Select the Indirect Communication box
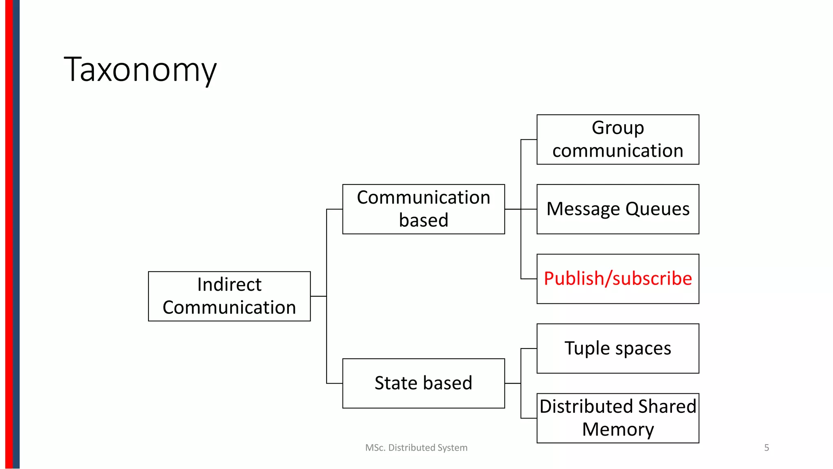tap(229, 296)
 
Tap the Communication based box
tap(423, 209)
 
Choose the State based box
tap(423, 384)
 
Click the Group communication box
tap(617, 140)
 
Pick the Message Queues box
tap(617, 209)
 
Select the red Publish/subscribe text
tap(617, 279)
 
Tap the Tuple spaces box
tap(617, 348)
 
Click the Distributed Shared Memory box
tap(617, 418)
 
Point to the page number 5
tap(766, 448)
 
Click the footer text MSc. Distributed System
tap(416, 448)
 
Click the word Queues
tap(657, 209)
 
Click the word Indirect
tap(229, 285)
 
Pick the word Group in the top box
tap(617, 128)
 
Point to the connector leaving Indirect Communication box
tap(318, 296)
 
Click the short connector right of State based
tap(512, 384)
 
